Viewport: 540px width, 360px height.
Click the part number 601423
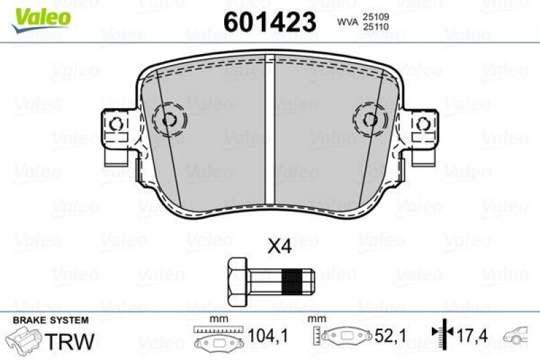(270, 22)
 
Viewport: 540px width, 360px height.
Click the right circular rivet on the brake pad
(369, 120)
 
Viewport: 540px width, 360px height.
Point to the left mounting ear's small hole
(116, 124)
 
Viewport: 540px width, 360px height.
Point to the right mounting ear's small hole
(423, 124)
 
